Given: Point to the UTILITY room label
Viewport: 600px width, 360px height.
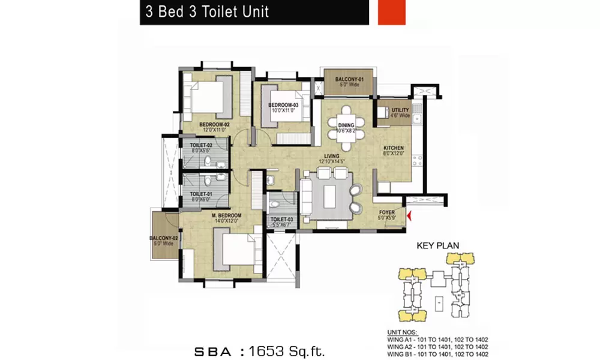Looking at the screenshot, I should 400,110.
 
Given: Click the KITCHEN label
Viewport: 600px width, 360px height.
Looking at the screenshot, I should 394,148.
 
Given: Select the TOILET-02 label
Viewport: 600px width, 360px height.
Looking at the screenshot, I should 201,146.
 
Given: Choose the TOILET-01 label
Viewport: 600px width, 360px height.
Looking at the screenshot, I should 201,194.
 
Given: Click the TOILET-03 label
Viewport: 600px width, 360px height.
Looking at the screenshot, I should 281,220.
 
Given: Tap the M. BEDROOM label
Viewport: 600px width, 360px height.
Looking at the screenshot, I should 226,215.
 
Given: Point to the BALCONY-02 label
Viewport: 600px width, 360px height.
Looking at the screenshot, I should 161,238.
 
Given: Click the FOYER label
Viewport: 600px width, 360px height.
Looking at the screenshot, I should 386,212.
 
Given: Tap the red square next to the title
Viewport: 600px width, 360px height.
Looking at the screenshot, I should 392,13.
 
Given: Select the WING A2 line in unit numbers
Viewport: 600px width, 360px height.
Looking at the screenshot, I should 437,347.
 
